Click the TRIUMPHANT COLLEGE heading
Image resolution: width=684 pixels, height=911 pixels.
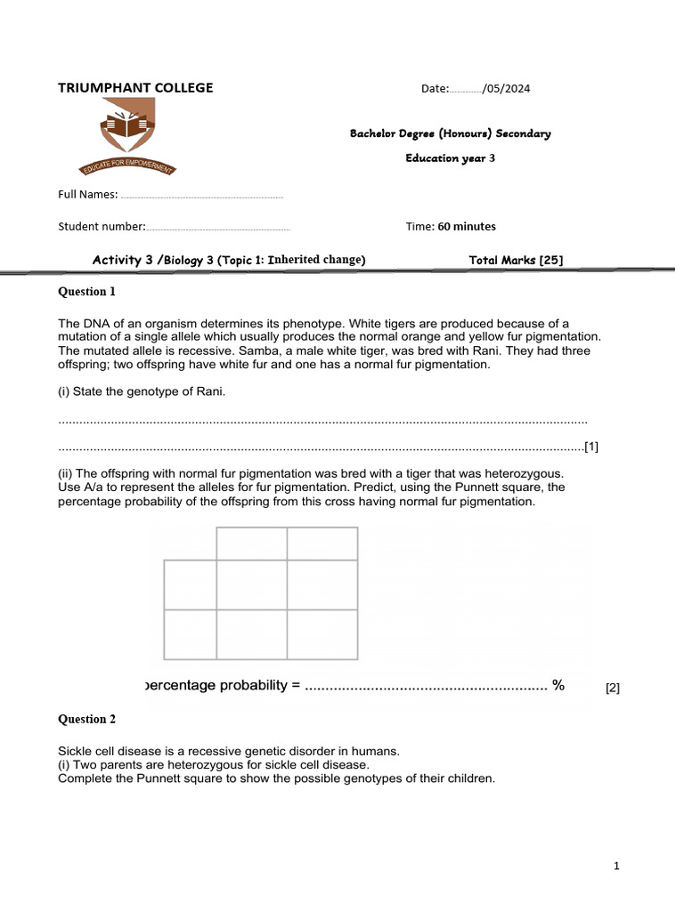point(135,87)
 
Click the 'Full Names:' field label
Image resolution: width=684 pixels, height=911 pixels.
point(88,194)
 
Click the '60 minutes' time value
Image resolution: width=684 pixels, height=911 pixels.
point(467,226)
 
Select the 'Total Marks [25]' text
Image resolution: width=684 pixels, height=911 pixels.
point(516,260)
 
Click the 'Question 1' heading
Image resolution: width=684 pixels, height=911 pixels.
point(87,291)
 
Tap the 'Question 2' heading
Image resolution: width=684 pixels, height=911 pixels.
point(87,719)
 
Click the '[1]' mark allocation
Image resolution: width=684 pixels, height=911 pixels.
point(591,447)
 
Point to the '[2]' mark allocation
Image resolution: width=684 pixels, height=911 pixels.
point(613,688)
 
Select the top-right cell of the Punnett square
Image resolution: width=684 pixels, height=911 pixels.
point(322,544)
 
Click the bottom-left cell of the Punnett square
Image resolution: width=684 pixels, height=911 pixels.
point(190,634)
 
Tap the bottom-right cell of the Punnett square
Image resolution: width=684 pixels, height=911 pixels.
point(322,634)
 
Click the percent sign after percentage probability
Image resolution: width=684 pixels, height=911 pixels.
point(558,685)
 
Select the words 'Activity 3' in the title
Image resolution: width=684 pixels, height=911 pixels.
point(124,260)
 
